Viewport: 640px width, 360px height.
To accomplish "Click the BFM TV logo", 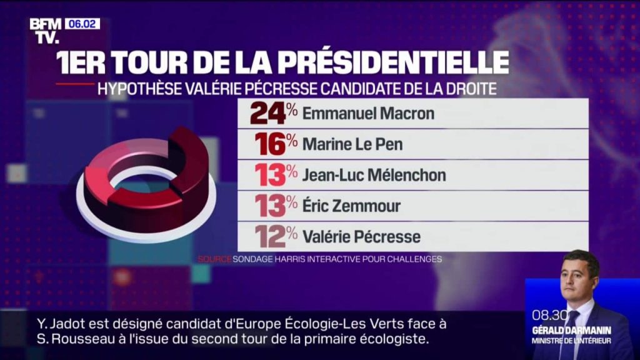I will click(46, 31).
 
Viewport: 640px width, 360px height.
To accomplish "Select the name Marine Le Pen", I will click(352, 144).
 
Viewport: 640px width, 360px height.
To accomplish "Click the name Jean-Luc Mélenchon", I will click(374, 175).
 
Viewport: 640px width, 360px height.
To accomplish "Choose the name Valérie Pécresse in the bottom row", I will click(361, 237).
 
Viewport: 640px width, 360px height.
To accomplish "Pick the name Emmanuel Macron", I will click(368, 114).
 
